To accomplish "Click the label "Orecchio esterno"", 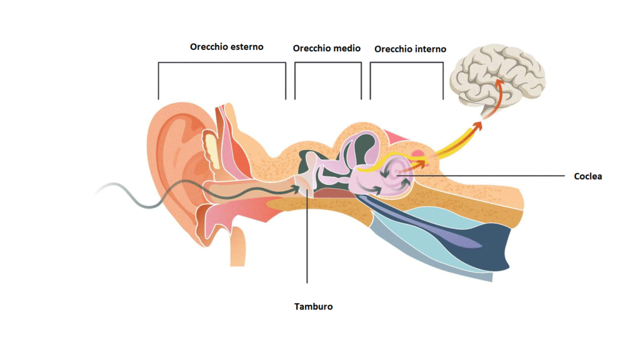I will pyautogui.click(x=227, y=47).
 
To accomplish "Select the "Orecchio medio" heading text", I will pyautogui.click(x=327, y=48).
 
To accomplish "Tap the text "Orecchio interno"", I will pyautogui.click(x=410, y=49).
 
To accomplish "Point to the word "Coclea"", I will pyautogui.click(x=588, y=176).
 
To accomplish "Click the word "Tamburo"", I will pyautogui.click(x=313, y=307).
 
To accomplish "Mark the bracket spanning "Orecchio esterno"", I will pyautogui.click(x=222, y=62).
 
